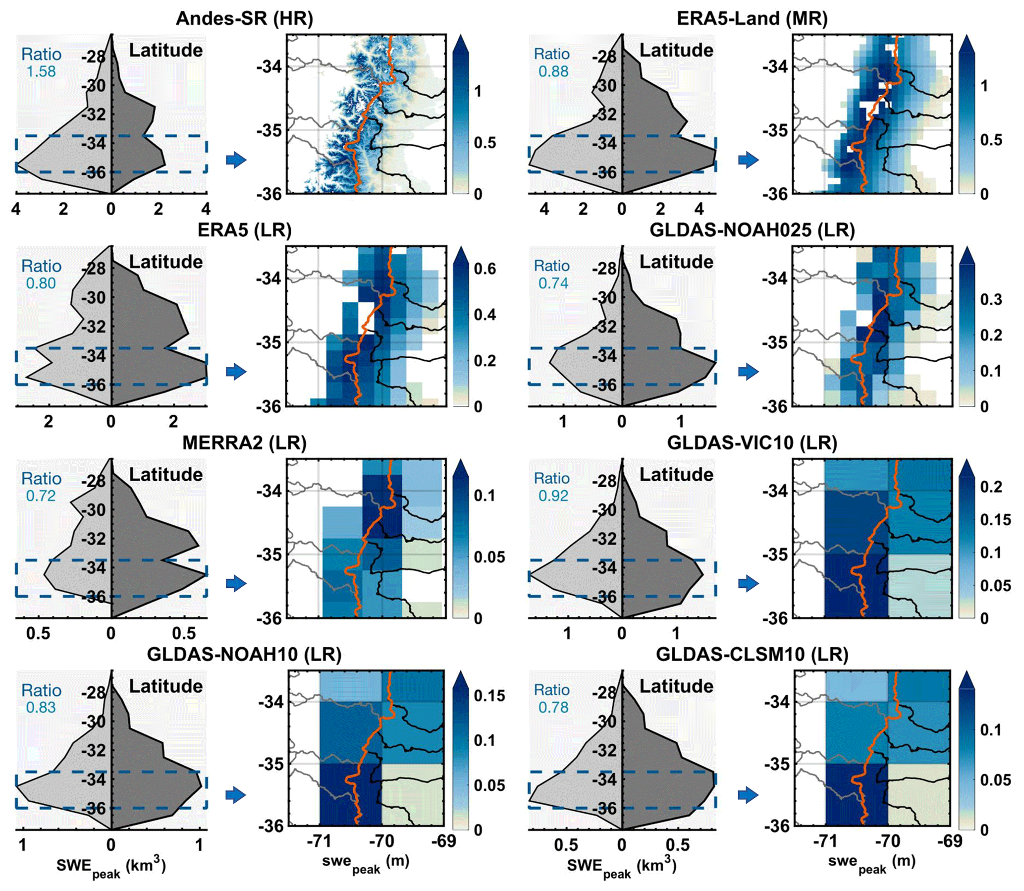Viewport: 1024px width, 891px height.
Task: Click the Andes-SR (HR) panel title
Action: tap(244, 19)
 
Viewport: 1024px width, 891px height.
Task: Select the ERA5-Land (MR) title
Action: tap(752, 19)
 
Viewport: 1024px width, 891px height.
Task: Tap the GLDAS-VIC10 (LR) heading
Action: tap(752, 443)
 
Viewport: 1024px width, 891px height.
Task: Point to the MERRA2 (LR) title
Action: tap(244, 443)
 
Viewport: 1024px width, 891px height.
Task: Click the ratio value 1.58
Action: tap(41, 71)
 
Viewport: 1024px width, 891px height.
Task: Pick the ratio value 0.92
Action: tap(553, 496)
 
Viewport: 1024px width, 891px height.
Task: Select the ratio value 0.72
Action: tap(41, 496)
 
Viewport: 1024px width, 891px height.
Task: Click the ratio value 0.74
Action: tap(553, 283)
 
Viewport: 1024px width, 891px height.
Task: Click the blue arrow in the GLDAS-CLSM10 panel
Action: tap(748, 795)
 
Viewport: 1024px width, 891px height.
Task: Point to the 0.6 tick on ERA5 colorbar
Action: tap(485, 269)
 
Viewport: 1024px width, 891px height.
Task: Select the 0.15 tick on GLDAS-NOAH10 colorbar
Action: tap(489, 696)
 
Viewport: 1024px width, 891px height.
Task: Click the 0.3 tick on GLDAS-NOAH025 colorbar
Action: tap(991, 300)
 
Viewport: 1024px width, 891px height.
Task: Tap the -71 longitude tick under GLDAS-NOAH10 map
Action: tap(319, 841)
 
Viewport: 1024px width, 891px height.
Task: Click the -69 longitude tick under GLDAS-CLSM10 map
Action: tap(949, 841)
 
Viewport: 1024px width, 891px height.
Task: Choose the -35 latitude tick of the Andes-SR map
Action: tap(269, 131)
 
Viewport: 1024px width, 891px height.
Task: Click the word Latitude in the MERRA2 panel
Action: tap(165, 474)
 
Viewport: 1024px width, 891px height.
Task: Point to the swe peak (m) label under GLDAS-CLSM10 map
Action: tap(871, 863)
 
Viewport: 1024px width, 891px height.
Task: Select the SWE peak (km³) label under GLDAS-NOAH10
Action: tap(110, 866)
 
